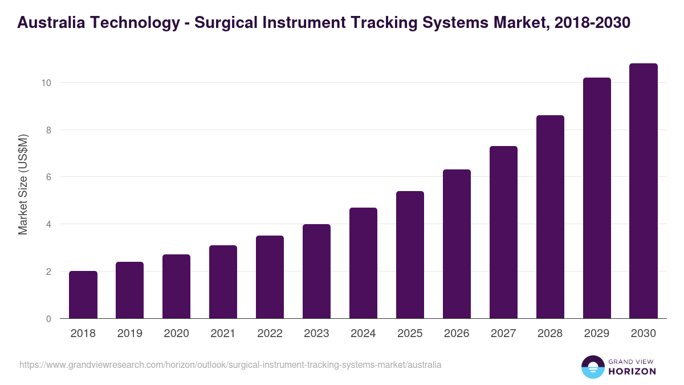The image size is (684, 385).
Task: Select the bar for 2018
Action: click(x=83, y=295)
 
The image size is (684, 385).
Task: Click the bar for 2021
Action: click(x=223, y=282)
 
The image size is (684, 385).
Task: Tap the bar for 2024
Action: click(x=363, y=263)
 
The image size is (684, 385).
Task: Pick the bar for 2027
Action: click(x=503, y=232)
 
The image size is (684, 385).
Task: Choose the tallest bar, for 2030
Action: click(x=644, y=191)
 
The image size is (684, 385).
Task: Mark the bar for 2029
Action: click(x=597, y=198)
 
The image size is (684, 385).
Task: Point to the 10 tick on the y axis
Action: click(x=46, y=83)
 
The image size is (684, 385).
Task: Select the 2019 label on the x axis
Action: click(x=130, y=334)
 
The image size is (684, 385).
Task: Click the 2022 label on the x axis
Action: click(x=270, y=334)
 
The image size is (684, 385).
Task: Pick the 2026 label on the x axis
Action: click(x=457, y=334)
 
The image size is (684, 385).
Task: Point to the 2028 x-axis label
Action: click(x=550, y=334)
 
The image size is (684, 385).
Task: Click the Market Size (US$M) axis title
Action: click(x=23, y=184)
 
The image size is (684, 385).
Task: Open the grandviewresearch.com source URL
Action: click(x=230, y=364)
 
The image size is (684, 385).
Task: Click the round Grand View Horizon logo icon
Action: click(x=592, y=367)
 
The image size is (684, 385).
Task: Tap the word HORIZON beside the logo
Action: click(x=632, y=371)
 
